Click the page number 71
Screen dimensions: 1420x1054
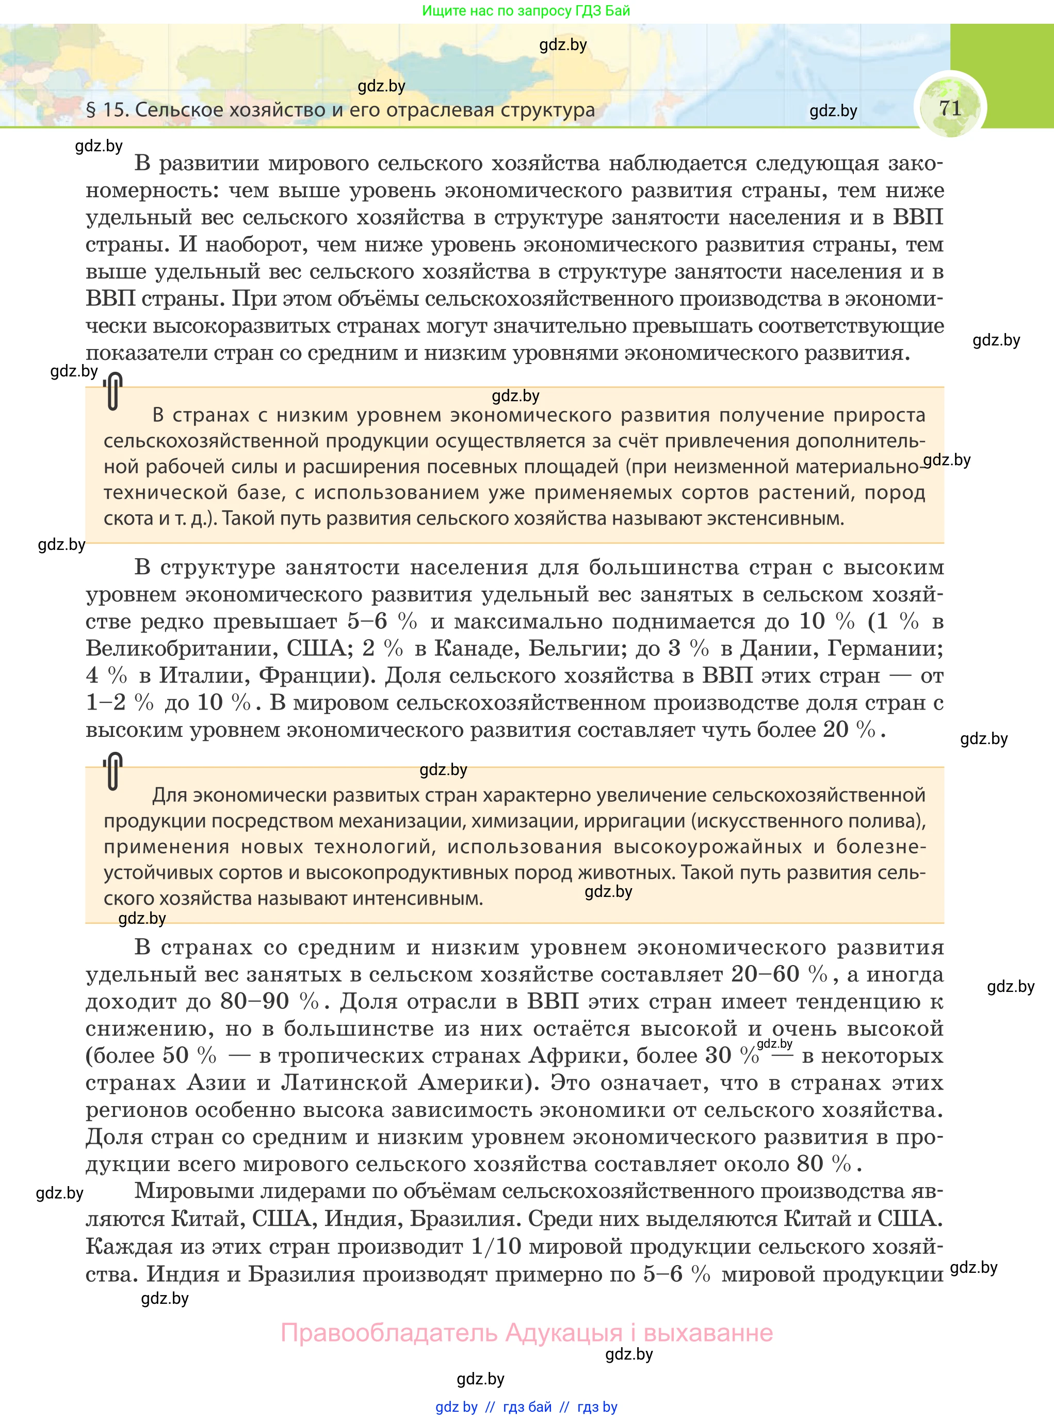950,108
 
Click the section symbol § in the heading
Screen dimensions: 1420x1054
91,110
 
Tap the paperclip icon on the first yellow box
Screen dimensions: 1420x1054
113,391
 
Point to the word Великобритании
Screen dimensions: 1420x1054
181,648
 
